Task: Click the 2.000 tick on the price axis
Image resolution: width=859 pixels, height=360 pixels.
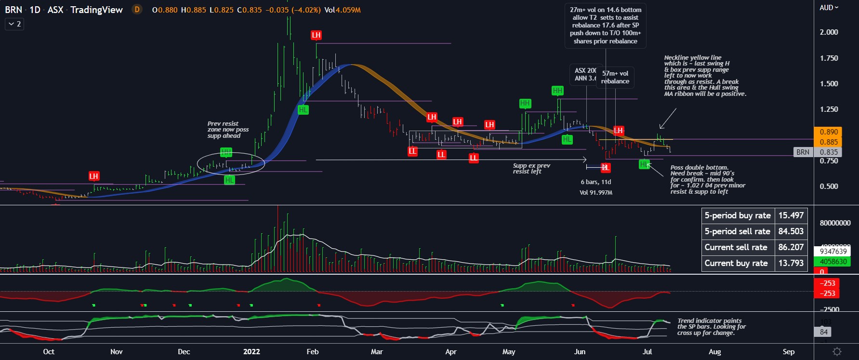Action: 829,32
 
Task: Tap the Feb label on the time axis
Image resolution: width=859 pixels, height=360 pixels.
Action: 313,352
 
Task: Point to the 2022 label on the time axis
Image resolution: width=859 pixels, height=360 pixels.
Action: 251,352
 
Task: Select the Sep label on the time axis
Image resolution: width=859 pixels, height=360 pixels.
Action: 789,352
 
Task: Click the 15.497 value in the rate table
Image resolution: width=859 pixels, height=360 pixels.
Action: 791,215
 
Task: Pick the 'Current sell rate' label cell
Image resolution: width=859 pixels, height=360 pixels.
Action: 736,247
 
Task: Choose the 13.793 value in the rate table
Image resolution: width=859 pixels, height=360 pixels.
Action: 791,263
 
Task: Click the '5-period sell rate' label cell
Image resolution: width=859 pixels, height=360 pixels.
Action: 737,231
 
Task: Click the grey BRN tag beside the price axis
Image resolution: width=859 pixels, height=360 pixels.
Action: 803,152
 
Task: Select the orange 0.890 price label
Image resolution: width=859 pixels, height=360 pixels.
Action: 829,132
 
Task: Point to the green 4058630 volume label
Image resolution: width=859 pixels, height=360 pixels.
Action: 833,262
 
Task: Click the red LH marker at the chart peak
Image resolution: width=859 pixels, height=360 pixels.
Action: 316,35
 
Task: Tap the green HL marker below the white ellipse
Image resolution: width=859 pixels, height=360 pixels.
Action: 229,180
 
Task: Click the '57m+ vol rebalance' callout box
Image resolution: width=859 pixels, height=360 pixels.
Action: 615,77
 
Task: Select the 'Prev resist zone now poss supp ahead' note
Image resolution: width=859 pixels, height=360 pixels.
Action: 228,130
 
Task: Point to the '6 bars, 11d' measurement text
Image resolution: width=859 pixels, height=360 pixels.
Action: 595,182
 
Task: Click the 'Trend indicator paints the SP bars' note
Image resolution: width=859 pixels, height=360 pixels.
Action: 711,327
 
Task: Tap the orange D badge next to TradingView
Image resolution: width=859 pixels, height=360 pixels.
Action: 137,10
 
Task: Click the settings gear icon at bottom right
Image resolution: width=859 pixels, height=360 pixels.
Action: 837,352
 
